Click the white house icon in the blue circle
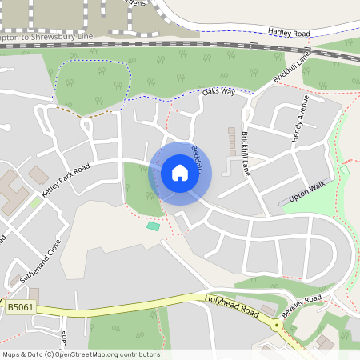(x=180, y=172)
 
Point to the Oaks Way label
(x=218, y=93)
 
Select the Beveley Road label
(x=302, y=302)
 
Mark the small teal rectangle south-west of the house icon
(x=153, y=226)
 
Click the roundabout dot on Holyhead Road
(x=277, y=325)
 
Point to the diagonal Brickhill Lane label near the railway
(x=290, y=68)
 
